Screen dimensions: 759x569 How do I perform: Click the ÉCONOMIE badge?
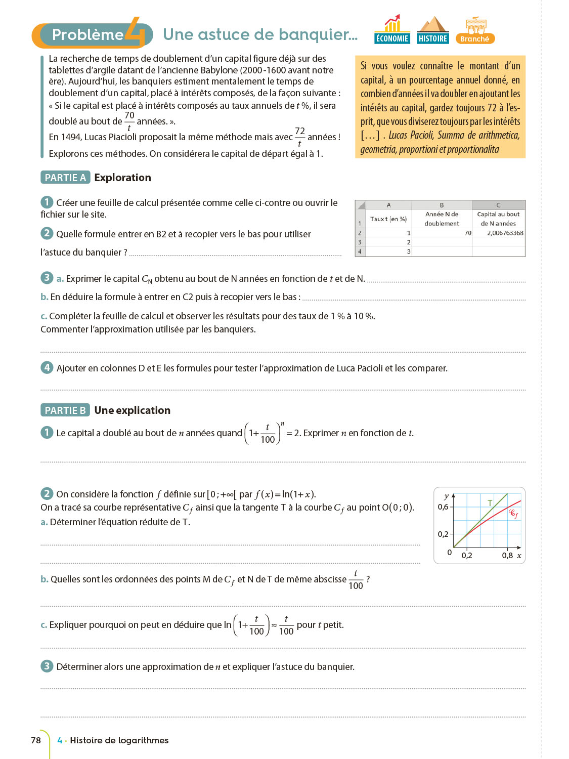pos(392,38)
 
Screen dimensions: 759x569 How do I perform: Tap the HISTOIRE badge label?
pos(433,38)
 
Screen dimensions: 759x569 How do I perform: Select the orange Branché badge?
pos(475,38)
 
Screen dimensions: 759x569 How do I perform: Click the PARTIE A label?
pos(65,178)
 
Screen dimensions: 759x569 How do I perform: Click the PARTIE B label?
pos(65,410)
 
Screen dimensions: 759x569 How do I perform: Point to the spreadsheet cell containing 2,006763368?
pos(499,233)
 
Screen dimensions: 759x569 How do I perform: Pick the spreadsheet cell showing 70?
pos(442,233)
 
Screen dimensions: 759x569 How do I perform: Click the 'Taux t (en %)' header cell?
pos(388,219)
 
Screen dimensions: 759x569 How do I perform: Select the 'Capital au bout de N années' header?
pos(498,219)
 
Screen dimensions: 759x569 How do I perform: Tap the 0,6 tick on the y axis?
pos(443,507)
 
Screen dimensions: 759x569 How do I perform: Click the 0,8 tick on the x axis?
pos(507,556)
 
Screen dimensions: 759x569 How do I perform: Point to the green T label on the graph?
pos(490,502)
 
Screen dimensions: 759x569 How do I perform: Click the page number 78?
pos(36,740)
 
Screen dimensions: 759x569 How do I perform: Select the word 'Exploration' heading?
pos(122,178)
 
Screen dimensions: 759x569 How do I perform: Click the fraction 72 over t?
pos(300,137)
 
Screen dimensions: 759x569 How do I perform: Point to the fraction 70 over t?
pos(129,121)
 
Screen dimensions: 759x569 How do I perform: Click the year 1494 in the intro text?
pos(71,137)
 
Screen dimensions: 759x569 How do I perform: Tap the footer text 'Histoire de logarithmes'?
pos(119,740)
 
